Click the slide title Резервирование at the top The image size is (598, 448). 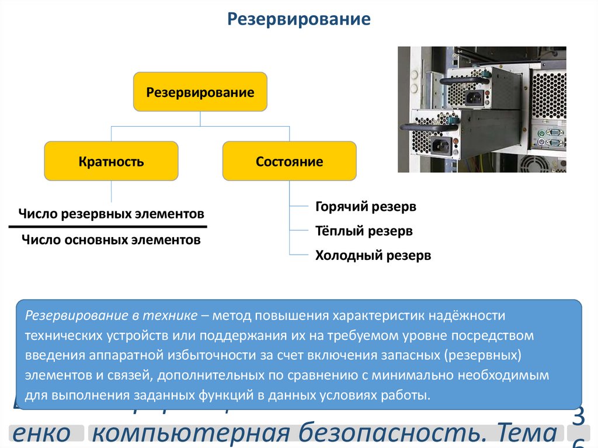[298, 19]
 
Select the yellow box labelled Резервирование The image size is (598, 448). [200, 92]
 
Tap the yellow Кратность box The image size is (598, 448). [111, 161]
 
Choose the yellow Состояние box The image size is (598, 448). [289, 161]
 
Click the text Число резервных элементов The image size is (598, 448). [111, 213]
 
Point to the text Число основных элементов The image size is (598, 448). [111, 239]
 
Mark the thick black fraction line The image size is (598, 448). [108, 226]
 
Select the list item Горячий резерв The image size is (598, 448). [366, 207]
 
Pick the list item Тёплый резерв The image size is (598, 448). [364, 231]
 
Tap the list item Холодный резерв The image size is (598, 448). [373, 255]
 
